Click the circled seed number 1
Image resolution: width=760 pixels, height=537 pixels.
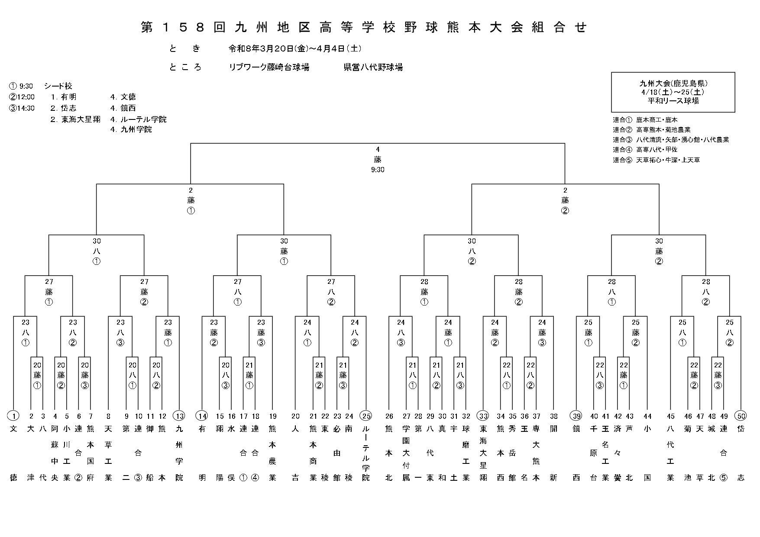click(14, 416)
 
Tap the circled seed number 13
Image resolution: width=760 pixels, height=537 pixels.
click(179, 416)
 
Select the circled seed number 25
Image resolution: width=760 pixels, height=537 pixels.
click(366, 416)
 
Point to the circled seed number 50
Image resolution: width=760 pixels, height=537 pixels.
click(741, 416)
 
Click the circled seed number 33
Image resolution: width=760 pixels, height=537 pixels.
click(483, 416)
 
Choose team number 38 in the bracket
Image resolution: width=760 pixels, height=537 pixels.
click(553, 416)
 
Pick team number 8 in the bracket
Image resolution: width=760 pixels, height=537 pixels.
click(109, 416)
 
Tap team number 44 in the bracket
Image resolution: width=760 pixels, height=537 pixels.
click(647, 416)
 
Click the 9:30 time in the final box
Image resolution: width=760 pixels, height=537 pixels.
click(378, 170)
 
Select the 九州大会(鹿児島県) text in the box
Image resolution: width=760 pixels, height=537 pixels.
click(673, 84)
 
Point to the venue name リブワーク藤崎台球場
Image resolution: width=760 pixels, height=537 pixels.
click(269, 68)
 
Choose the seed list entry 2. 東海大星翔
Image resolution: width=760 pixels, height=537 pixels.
click(75, 119)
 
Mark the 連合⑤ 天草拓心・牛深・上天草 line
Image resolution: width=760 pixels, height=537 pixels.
click(656, 160)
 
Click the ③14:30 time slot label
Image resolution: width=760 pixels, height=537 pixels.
click(22, 108)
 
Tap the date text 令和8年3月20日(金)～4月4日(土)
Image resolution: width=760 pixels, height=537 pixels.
click(295, 48)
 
